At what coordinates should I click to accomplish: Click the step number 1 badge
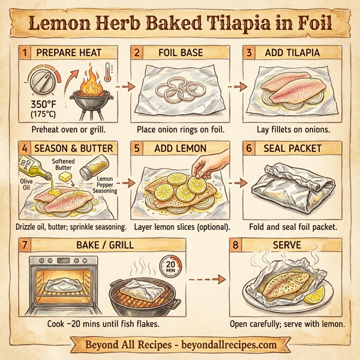point(25,53)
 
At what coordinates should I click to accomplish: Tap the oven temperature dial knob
point(43,81)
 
